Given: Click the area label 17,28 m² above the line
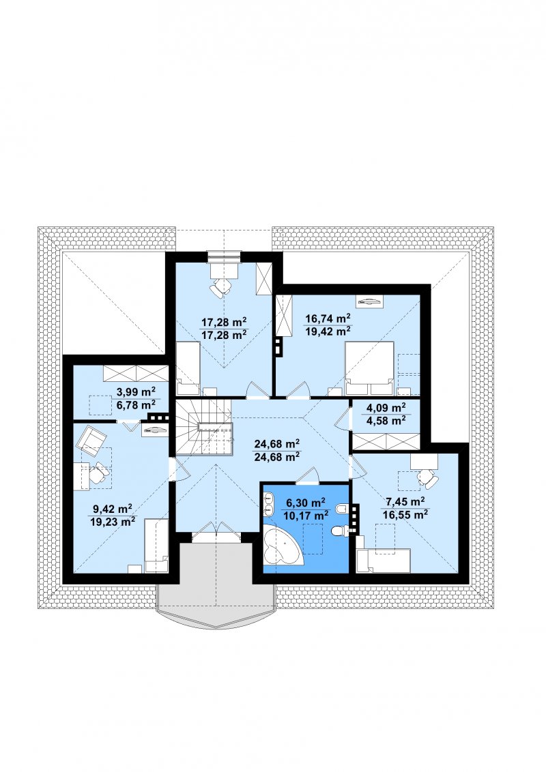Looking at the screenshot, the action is pyautogui.click(x=224, y=323).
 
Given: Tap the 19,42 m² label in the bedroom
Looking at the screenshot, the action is pyautogui.click(x=328, y=331).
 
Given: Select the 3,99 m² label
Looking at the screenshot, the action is pyautogui.click(x=136, y=392).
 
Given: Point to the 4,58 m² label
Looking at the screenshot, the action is pyautogui.click(x=386, y=420).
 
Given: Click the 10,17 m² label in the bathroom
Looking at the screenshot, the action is pyautogui.click(x=306, y=516).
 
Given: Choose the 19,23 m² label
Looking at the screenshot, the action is pyautogui.click(x=113, y=522).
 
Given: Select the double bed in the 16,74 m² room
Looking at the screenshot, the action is pyautogui.click(x=369, y=368).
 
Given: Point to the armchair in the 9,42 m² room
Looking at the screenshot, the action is pyautogui.click(x=91, y=440).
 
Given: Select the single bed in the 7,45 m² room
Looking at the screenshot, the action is pyautogui.click(x=384, y=561).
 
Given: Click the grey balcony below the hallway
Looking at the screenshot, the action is pyautogui.click(x=216, y=585).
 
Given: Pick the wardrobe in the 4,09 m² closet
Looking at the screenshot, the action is pyautogui.click(x=387, y=441).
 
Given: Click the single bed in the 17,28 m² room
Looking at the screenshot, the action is pyautogui.click(x=187, y=369).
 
